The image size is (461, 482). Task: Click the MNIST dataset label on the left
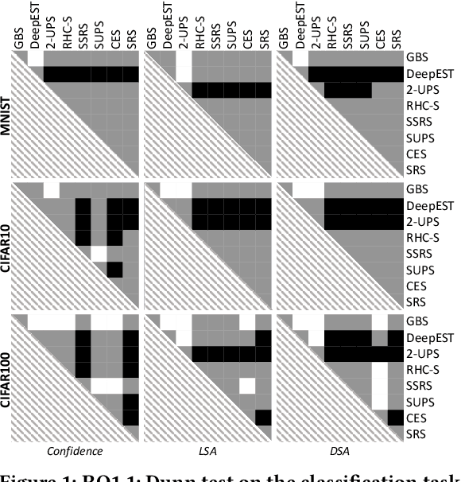[8, 115]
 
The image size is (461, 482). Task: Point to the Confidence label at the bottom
[76, 451]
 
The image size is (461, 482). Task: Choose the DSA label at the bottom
[339, 451]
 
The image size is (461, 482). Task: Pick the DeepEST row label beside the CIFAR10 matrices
[428, 205]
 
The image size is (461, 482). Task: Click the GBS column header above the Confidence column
[19, 38]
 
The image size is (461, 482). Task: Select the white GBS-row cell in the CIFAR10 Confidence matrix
[51, 189]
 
